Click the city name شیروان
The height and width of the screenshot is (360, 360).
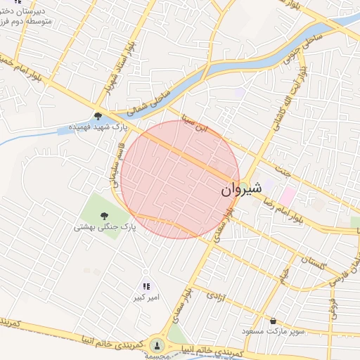241,189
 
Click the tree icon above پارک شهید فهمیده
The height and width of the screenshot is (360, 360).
98,117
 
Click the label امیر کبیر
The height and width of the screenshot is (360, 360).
147,298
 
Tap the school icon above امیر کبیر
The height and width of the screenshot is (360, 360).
146,286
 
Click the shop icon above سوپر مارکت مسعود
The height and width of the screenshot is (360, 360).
273,319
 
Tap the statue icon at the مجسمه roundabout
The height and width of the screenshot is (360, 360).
156,345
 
